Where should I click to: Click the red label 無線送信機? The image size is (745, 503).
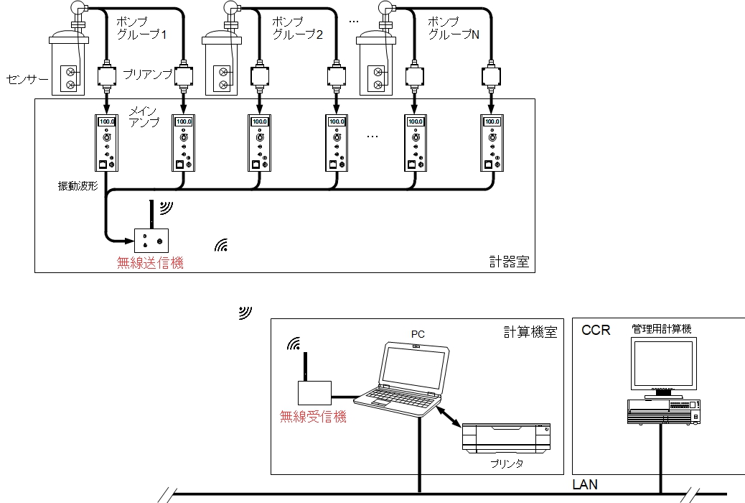(150, 263)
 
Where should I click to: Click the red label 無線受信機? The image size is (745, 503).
(314, 416)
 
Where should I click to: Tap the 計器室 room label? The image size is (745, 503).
(508, 262)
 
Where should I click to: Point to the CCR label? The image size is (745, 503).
(596, 331)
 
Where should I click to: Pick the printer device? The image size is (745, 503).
(507, 438)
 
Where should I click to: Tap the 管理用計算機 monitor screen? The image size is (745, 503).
(663, 363)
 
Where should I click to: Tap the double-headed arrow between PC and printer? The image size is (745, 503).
(451, 420)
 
